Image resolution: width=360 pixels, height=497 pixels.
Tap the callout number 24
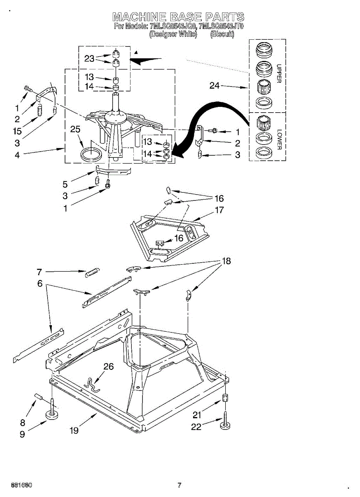click(214, 86)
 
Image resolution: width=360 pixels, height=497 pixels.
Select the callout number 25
click(75, 130)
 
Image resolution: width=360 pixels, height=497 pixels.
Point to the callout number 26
click(109, 367)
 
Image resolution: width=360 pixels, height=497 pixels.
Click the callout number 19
click(74, 431)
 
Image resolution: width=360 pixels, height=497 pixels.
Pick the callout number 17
click(219, 210)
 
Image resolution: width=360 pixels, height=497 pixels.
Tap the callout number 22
click(196, 427)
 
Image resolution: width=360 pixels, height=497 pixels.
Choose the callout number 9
click(22, 434)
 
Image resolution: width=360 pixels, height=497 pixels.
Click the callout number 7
click(39, 272)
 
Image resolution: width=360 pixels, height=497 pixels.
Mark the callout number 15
click(17, 131)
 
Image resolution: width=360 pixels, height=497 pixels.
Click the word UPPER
click(279, 73)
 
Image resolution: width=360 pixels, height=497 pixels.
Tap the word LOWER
click(279, 140)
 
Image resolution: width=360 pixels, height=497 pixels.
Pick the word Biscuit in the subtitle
click(222, 35)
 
